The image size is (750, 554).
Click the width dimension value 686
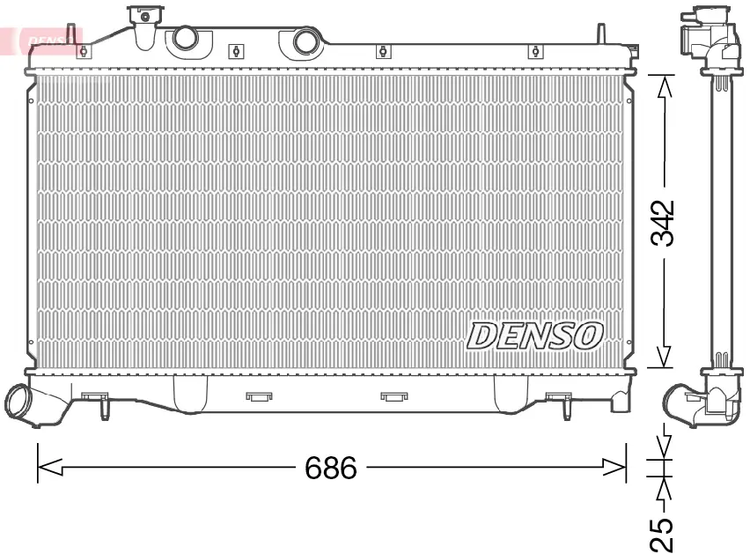tap(330, 468)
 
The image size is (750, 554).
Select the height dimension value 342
tap(663, 223)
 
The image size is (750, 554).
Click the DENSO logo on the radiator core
tap(534, 336)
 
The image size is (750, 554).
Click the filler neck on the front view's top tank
tap(145, 26)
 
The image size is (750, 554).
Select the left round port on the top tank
tap(185, 38)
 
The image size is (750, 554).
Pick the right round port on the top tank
tap(305, 41)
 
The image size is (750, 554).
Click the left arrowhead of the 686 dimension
tap(50, 467)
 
